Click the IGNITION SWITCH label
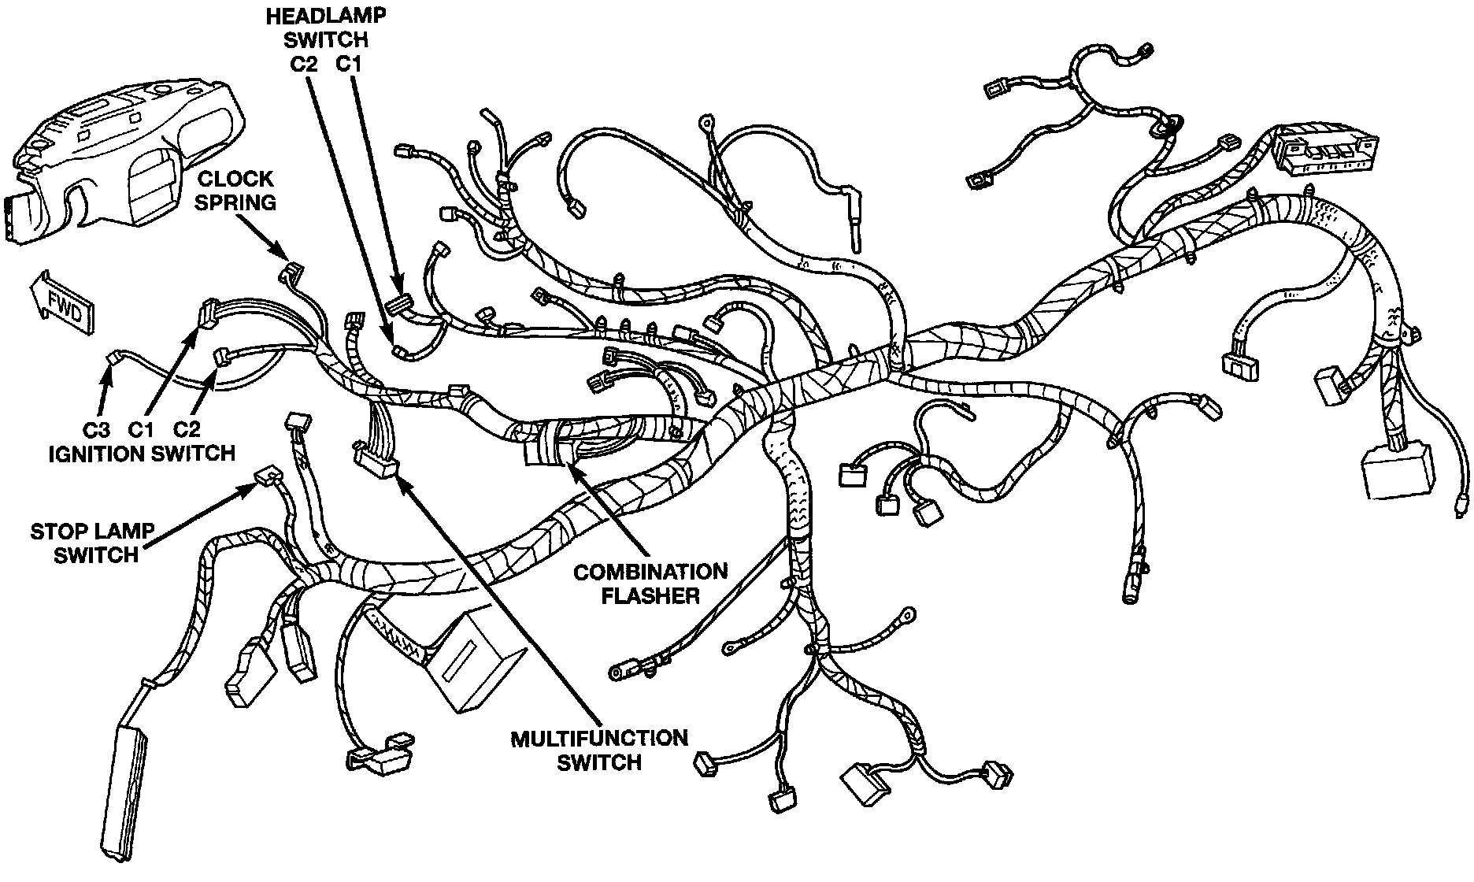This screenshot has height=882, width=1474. point(142,453)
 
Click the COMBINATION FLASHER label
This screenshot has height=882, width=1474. point(650,583)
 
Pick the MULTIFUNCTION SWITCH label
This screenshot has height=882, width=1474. point(599,750)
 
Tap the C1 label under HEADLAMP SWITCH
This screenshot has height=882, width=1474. point(349,65)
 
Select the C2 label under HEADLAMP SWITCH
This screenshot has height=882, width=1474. point(302,65)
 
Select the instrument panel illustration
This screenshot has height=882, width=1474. point(118,150)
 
